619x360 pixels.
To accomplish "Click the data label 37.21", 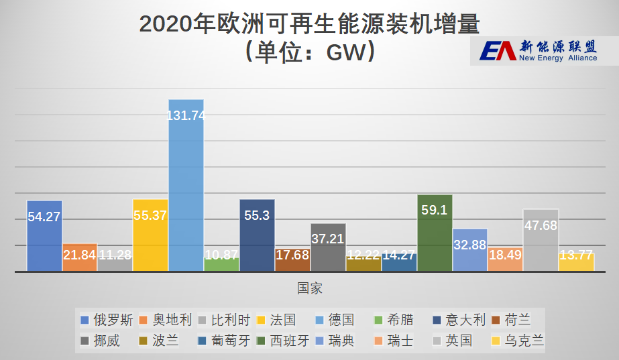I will [x=328, y=239].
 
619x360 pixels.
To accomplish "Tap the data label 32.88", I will [x=469, y=245].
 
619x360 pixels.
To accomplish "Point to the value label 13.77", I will [x=576, y=255].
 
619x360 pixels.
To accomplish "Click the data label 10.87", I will [x=221, y=255].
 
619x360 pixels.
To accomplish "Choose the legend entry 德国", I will [x=336, y=320].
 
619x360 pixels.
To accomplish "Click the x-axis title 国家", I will [x=310, y=288].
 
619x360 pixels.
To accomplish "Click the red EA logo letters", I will [x=497, y=50].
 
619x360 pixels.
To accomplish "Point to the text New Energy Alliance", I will [x=558, y=58].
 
